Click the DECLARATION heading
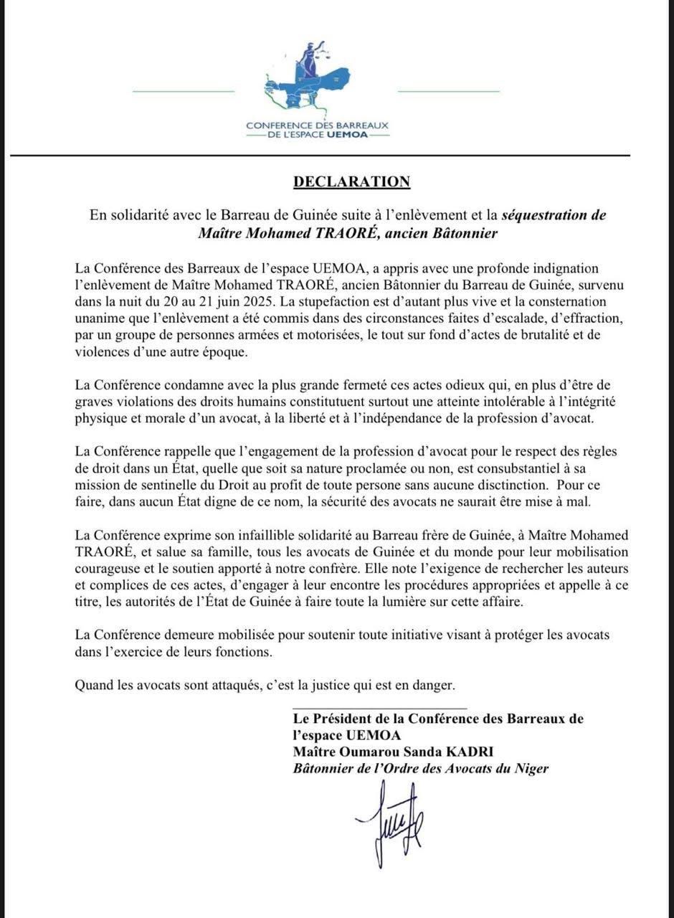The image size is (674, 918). click(x=351, y=181)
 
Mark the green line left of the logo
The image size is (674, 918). click(x=184, y=91)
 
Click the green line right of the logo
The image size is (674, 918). click(x=448, y=91)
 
